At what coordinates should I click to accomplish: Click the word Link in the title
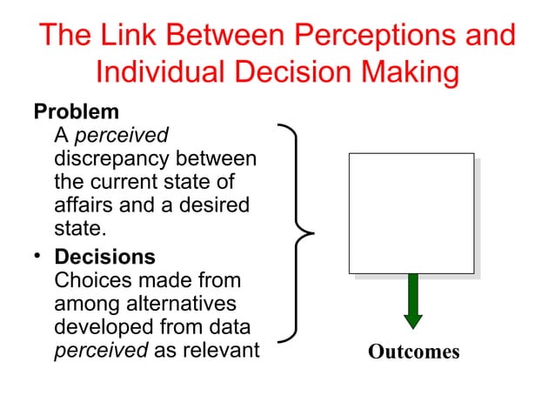(123, 36)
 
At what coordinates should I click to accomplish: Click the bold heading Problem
(76, 113)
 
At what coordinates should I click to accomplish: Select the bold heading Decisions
(105, 258)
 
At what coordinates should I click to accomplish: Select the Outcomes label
(412, 352)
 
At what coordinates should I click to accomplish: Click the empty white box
(411, 213)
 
